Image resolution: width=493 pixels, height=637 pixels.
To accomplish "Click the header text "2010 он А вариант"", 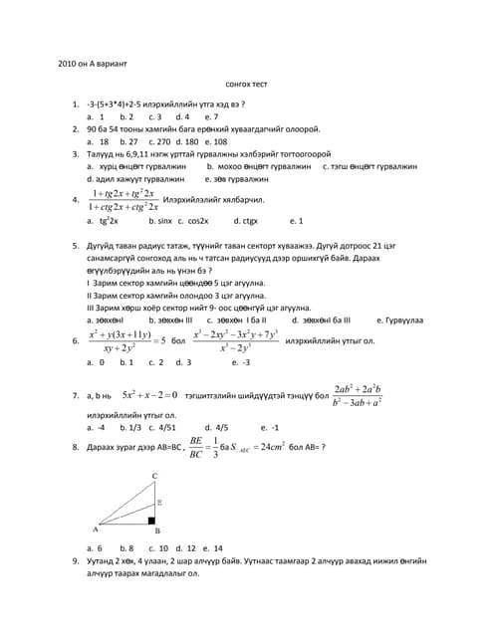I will click(93, 65).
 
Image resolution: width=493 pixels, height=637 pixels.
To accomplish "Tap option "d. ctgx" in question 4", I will click(245, 220).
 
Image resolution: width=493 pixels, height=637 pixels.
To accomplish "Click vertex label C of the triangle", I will click(153, 477).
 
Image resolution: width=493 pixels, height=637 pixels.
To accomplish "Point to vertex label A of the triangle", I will click(95, 530).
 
